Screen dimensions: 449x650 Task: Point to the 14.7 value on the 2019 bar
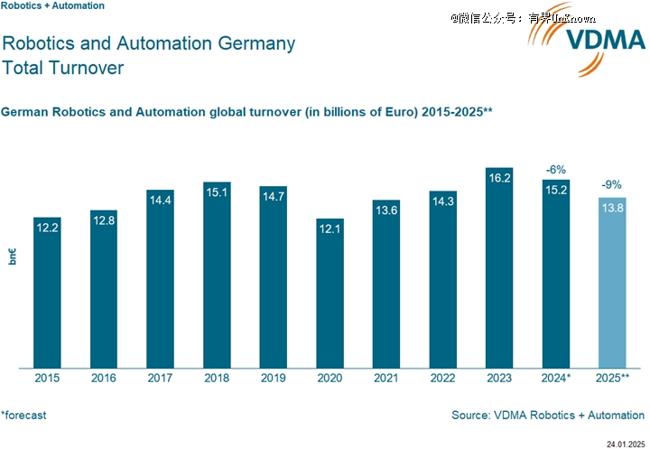click(274, 195)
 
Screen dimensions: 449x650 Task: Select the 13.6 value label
click(386, 209)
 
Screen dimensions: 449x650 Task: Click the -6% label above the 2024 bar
click(556, 170)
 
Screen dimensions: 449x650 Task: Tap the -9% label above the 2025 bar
click(612, 186)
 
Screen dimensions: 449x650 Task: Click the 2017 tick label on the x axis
click(160, 379)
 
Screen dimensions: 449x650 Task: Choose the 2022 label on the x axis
click(442, 379)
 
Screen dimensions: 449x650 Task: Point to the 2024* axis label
click(556, 379)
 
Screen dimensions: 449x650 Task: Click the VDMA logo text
click(604, 42)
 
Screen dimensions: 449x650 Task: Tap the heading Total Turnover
click(63, 68)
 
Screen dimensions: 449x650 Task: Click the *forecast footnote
click(23, 416)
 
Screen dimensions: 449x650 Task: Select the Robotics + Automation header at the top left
click(52, 5)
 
